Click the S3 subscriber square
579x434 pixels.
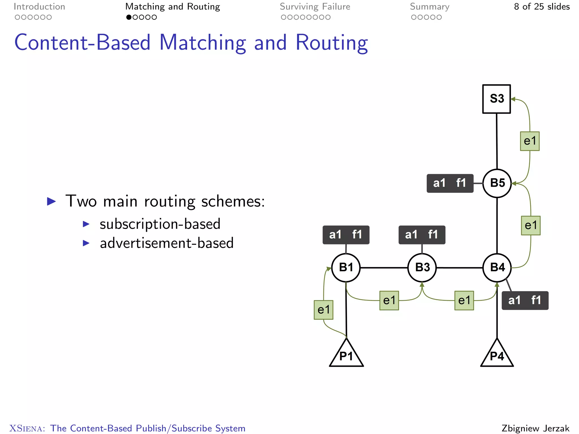tap(496, 99)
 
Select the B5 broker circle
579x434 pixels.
tap(497, 183)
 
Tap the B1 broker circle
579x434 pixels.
tap(346, 268)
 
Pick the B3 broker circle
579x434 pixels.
tap(422, 268)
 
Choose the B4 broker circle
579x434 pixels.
tap(497, 268)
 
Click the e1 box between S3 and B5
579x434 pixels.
tap(530, 141)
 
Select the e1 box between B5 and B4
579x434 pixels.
tap(531, 225)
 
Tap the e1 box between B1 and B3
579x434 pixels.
tap(389, 300)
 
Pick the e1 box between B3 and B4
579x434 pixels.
tap(464, 300)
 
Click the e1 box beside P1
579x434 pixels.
tap(323, 310)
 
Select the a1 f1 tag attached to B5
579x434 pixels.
tap(450, 183)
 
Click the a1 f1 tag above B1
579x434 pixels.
tap(346, 235)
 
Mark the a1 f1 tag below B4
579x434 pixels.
tap(525, 300)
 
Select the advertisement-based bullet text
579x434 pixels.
tap(167, 243)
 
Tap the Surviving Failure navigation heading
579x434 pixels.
tap(315, 6)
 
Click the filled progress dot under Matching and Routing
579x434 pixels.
tap(129, 17)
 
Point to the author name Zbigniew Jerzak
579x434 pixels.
tap(535, 428)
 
